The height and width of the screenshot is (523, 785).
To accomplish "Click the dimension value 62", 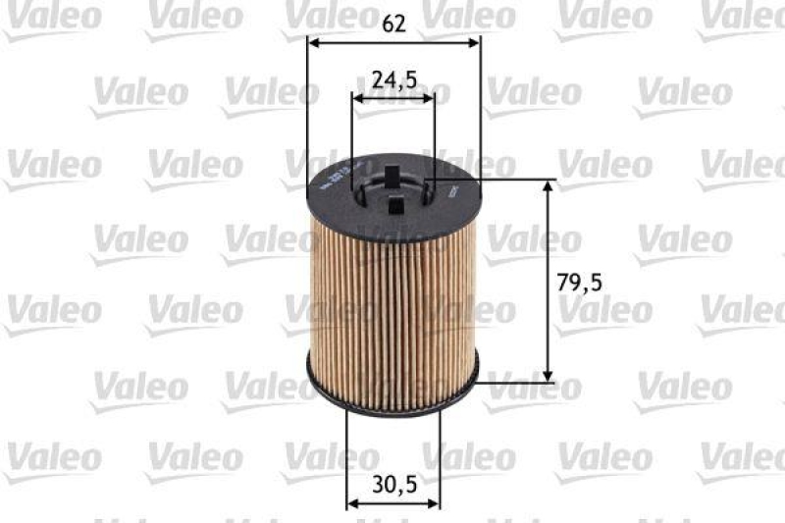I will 393,24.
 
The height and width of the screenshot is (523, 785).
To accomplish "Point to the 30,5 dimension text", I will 393,483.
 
